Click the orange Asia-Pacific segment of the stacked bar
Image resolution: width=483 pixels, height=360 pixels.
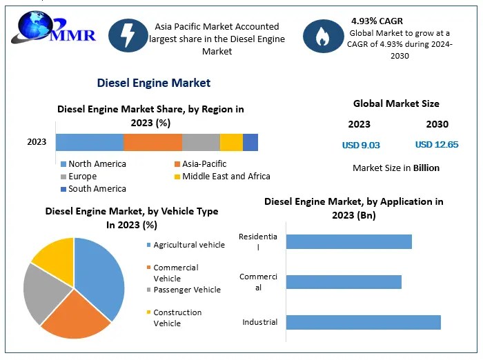tap(152, 142)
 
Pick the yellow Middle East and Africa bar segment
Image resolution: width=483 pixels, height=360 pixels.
tap(231, 142)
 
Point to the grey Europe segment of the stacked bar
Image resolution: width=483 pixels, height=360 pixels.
tap(201, 142)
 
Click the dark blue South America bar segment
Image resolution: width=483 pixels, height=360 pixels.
tap(250, 142)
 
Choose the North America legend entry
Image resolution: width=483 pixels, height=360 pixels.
tap(97, 164)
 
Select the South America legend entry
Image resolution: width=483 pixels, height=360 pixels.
tap(97, 189)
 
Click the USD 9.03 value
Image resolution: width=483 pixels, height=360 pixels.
tap(361, 146)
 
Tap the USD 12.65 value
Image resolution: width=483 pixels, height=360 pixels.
tap(437, 145)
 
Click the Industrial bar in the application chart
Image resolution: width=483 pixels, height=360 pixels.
tap(363, 322)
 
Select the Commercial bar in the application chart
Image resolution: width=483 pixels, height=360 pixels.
tap(344, 282)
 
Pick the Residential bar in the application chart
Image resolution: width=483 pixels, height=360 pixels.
tap(348, 241)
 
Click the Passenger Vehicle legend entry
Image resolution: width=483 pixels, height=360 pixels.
tap(187, 290)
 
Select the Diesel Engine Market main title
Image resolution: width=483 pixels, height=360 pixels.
tap(154, 83)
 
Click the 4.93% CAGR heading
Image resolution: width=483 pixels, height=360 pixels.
tap(377, 21)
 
